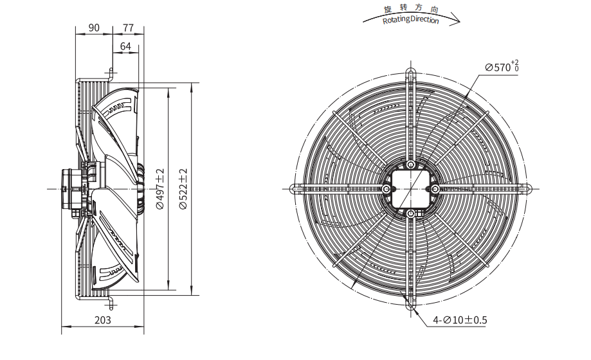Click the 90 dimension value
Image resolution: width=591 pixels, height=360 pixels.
pyautogui.click(x=94, y=28)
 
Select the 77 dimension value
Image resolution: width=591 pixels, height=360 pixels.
pyautogui.click(x=128, y=28)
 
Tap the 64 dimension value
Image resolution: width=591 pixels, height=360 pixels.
pyautogui.click(x=125, y=46)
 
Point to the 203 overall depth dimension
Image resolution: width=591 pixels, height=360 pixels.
pyautogui.click(x=102, y=320)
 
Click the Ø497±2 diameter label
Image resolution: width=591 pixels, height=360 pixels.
pyautogui.click(x=160, y=189)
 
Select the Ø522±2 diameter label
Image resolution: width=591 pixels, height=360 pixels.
pyautogui.click(x=183, y=189)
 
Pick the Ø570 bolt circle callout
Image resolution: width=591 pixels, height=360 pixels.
pyautogui.click(x=502, y=66)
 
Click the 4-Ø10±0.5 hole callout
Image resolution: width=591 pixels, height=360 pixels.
pyautogui.click(x=460, y=320)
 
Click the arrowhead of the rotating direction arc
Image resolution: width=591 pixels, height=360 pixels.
pyautogui.click(x=456, y=19)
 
